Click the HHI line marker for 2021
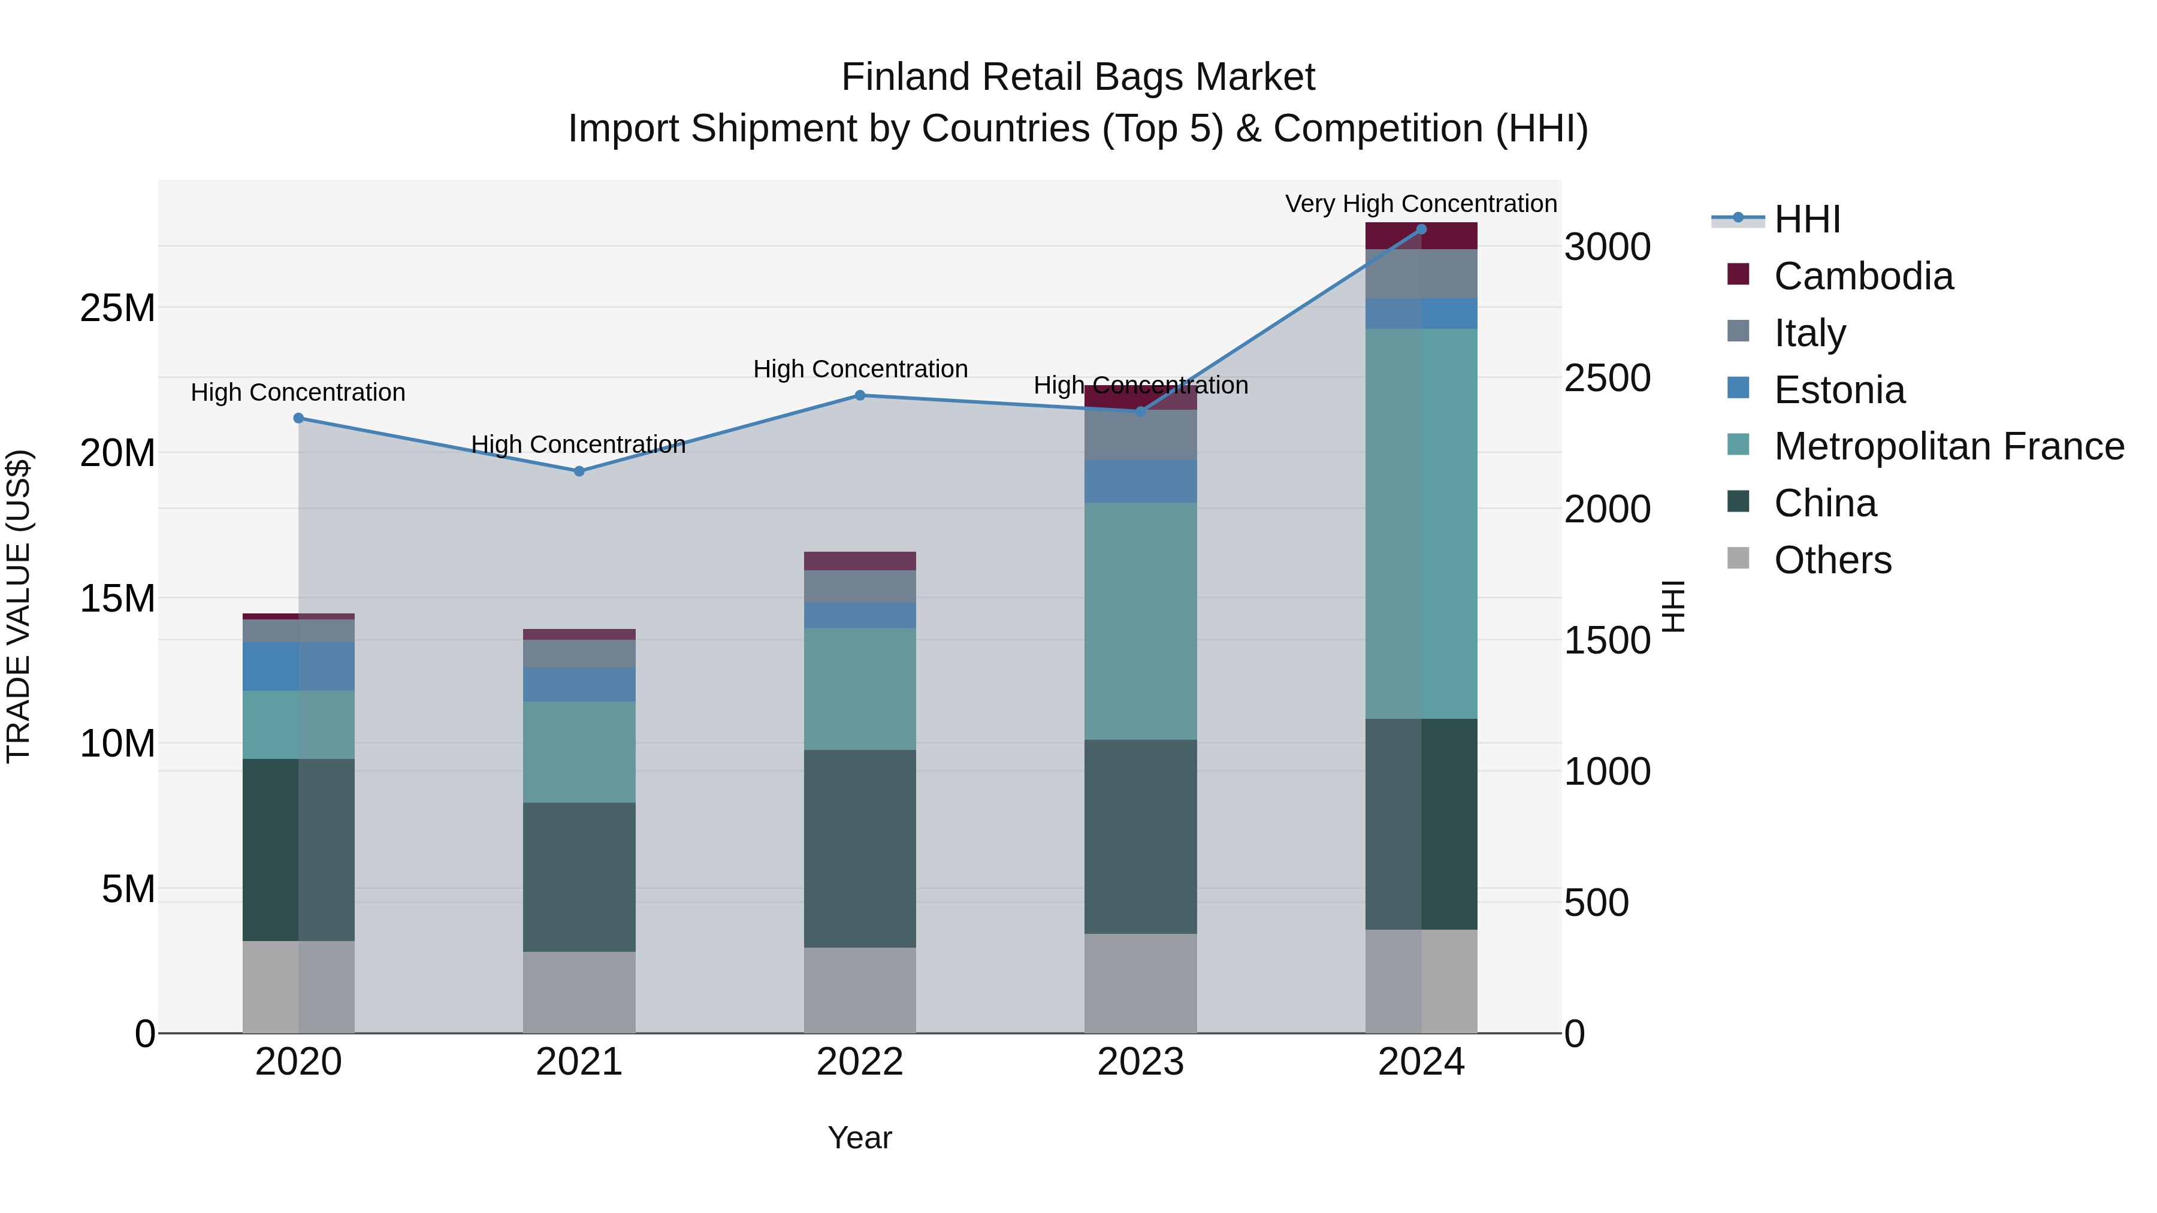[579, 471]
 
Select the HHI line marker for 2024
[1421, 229]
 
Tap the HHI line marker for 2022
[860, 395]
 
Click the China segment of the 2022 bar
[860, 848]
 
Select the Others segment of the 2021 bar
[579, 992]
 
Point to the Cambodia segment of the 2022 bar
[860, 561]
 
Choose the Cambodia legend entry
[1863, 276]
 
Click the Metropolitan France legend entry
[1948, 446]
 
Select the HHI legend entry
[1807, 219]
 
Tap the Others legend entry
[1832, 560]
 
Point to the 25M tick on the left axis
[117, 308]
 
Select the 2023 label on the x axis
[1140, 1062]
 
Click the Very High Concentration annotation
[1421, 204]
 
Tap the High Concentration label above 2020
[298, 392]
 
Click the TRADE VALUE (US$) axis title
[19, 606]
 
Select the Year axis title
[860, 1138]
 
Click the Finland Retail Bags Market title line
[1078, 77]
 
